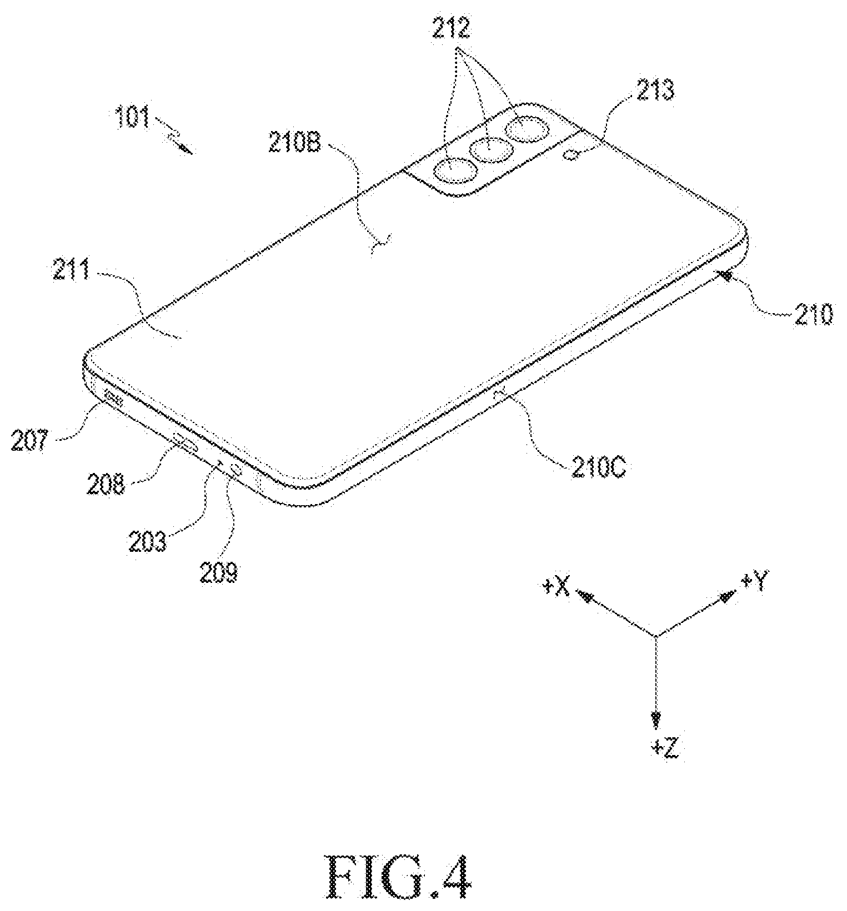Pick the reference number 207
pos(29,442)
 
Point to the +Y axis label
pos(754,583)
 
